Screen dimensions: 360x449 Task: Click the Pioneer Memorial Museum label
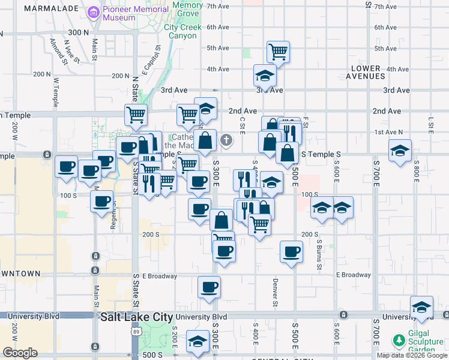pyautogui.click(x=135, y=14)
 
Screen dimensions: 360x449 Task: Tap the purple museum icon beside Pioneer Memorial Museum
pyautogui.click(x=93, y=12)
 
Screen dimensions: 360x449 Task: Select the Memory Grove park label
pyautogui.click(x=188, y=9)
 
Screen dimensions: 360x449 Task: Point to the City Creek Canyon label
pyautogui.click(x=180, y=31)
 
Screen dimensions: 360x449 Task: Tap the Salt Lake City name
pyautogui.click(x=137, y=317)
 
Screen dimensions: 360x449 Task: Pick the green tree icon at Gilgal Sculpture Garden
pyautogui.click(x=398, y=341)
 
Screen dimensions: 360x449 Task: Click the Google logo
pyautogui.click(x=20, y=353)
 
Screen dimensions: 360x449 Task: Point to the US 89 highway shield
pyautogui.click(x=137, y=332)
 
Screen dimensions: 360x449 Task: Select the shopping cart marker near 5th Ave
pyautogui.click(x=278, y=52)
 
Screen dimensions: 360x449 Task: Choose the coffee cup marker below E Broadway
pyautogui.click(x=209, y=287)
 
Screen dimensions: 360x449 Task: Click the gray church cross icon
pyautogui.click(x=226, y=140)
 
